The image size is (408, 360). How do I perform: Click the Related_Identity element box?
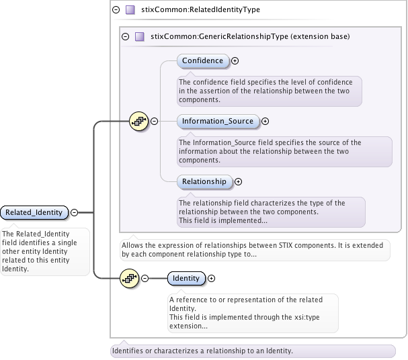(x=34, y=212)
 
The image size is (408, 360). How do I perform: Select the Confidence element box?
(x=202, y=60)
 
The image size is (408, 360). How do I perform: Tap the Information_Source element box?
(x=218, y=121)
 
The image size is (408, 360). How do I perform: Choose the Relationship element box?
(x=204, y=181)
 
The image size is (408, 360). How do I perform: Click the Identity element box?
(x=186, y=278)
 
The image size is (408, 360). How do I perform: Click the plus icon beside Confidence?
(x=235, y=61)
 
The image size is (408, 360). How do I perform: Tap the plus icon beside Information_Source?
(x=265, y=122)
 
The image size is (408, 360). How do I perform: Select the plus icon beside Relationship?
(x=238, y=181)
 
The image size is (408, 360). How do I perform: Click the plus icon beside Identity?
(x=212, y=278)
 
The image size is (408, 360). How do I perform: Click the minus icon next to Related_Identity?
(x=75, y=212)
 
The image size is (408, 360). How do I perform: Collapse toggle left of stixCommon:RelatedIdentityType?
(x=116, y=10)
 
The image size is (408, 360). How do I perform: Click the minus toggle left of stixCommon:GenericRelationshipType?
(x=125, y=36)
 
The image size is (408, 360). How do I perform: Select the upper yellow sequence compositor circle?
(x=138, y=121)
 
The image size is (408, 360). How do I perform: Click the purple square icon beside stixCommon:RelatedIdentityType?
(x=130, y=10)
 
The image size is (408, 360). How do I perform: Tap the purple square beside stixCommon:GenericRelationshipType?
(x=140, y=36)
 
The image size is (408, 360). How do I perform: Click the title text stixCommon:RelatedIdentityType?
(x=201, y=10)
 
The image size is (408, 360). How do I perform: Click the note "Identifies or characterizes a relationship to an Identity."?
(x=202, y=351)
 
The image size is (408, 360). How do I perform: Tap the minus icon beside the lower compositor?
(x=144, y=278)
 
